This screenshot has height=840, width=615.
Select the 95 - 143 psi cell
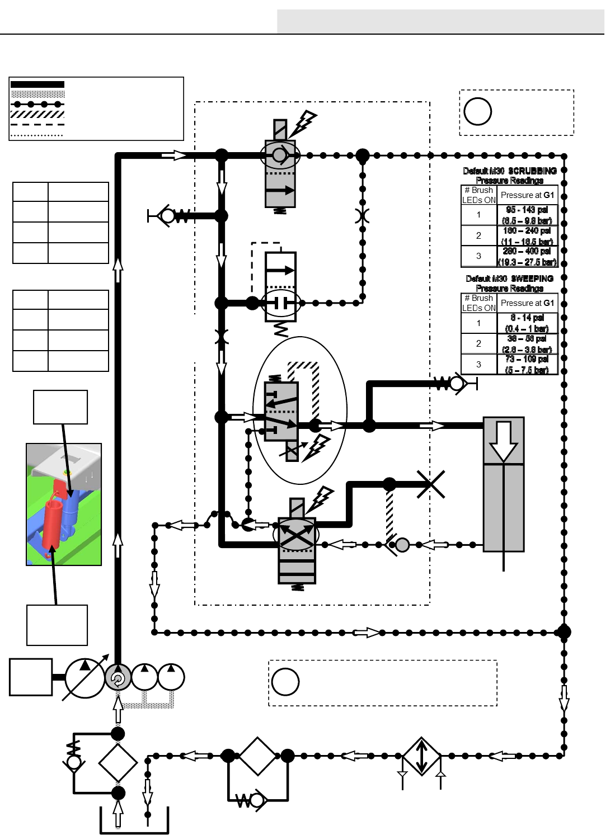(x=527, y=215)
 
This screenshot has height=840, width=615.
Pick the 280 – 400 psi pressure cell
(x=527, y=256)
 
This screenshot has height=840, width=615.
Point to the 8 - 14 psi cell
(x=527, y=323)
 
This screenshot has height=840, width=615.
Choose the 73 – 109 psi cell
(x=527, y=364)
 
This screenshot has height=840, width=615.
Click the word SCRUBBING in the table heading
(x=532, y=171)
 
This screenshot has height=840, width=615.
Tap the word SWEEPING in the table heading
(x=532, y=279)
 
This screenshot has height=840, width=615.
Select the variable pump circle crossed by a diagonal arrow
(x=84, y=678)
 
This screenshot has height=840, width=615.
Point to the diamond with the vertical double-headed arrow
(x=421, y=756)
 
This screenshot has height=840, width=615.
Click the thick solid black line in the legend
(x=37, y=84)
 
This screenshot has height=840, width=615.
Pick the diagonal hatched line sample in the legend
(x=37, y=114)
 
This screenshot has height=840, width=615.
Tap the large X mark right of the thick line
(x=430, y=484)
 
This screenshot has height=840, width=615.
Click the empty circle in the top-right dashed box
(x=478, y=111)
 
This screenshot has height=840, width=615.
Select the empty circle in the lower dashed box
(x=285, y=682)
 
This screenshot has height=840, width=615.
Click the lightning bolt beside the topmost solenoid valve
(x=303, y=124)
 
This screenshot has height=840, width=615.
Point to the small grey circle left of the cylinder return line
(x=402, y=544)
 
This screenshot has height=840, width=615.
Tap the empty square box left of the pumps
(x=31, y=677)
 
